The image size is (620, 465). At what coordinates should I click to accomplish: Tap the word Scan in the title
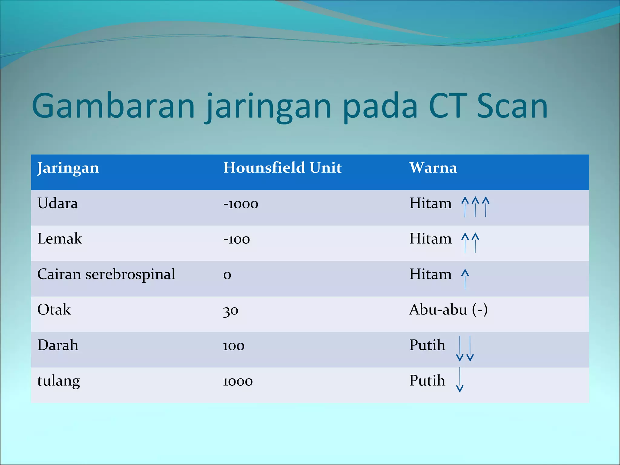click(512, 106)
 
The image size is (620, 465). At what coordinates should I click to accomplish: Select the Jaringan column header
click(68, 168)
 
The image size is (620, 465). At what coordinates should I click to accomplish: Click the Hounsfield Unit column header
click(282, 168)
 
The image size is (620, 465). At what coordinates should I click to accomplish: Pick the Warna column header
click(433, 168)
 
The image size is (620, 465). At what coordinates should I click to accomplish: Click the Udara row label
click(58, 203)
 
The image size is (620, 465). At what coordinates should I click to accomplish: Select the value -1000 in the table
click(241, 204)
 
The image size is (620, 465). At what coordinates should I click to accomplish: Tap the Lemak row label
click(60, 239)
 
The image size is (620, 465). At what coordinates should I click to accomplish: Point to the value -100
click(236, 239)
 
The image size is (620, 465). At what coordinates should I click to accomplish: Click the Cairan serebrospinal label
click(106, 275)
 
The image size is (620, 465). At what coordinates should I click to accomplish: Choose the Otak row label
click(54, 310)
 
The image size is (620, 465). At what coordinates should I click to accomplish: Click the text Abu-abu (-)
click(448, 310)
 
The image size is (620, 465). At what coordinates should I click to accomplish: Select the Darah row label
click(58, 345)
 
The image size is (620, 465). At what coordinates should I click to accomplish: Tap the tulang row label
click(58, 381)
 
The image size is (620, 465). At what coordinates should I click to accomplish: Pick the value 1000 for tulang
click(238, 381)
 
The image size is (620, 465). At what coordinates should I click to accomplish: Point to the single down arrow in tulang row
click(460, 380)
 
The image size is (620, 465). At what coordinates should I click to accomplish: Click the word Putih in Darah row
click(427, 345)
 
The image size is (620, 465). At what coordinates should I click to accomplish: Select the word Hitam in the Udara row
click(430, 203)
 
